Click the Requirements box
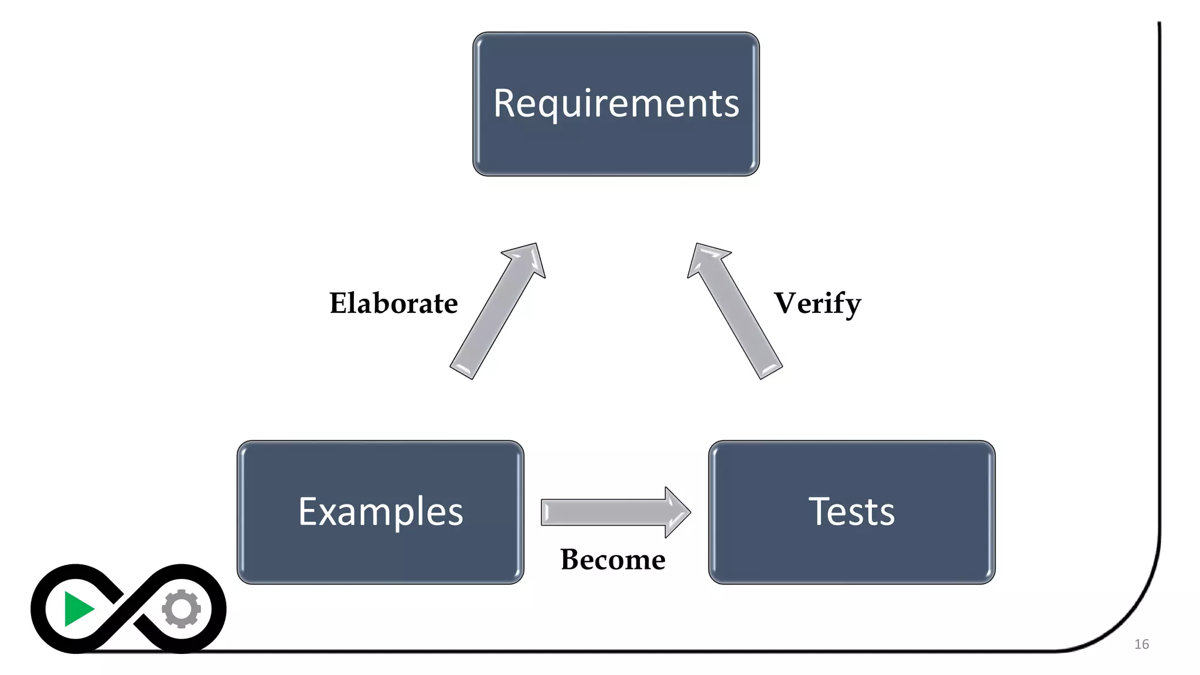(616, 104)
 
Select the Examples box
(380, 512)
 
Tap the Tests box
(851, 512)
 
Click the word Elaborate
(393, 304)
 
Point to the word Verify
(817, 304)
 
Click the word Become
(612, 560)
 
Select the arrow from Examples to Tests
(609, 512)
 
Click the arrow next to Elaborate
(495, 316)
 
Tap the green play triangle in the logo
(77, 609)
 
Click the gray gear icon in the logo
(181, 609)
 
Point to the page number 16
(1141, 645)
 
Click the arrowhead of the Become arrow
(677, 512)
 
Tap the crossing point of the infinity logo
(129, 609)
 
